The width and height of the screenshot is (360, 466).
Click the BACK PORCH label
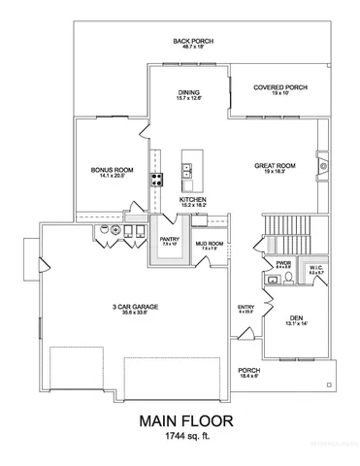(193, 42)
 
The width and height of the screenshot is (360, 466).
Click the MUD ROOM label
(210, 246)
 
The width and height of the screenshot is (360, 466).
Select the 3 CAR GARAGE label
(135, 308)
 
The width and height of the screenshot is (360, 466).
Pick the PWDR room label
(282, 263)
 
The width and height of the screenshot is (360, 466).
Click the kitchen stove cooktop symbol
(154, 178)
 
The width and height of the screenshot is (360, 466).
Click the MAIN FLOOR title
(180, 422)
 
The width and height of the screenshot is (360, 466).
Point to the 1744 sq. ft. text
(180, 441)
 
